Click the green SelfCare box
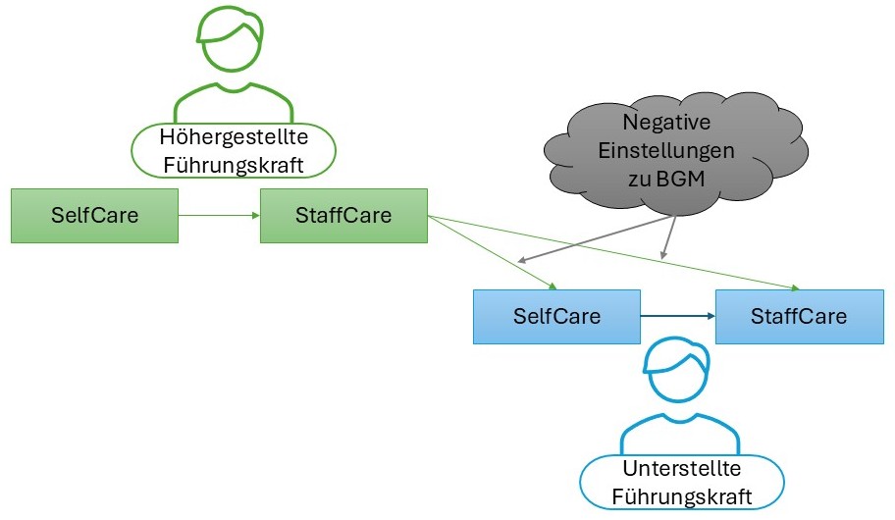[94, 216]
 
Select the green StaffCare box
[343, 216]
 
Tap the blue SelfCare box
[556, 317]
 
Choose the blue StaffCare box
[798, 317]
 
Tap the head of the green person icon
[233, 39]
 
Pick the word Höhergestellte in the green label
[234, 138]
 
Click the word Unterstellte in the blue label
[682, 470]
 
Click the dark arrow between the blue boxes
[677, 316]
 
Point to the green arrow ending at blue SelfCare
[491, 252]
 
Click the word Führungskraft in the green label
[234, 165]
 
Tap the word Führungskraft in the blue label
[682, 497]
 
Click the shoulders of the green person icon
[233, 101]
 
